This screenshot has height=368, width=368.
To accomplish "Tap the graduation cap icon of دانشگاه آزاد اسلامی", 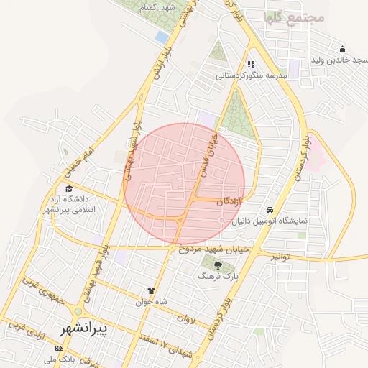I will [x=69, y=188].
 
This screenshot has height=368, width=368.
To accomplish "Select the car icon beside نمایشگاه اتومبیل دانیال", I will [x=269, y=209].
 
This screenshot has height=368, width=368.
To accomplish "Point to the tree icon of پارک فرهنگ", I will [x=217, y=265].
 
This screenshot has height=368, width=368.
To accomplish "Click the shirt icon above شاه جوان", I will [x=151, y=290].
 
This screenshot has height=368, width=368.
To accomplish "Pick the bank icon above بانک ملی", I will [x=58, y=348].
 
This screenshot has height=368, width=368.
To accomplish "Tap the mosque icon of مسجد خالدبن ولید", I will [x=342, y=50].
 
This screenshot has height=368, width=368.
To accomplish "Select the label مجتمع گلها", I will [x=295, y=17].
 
